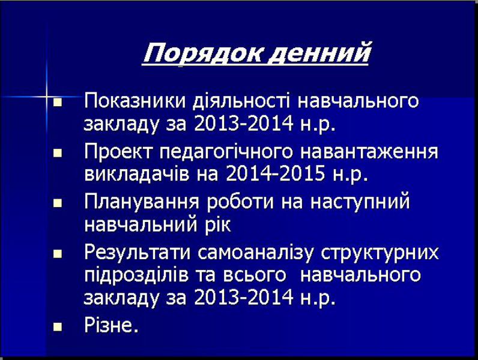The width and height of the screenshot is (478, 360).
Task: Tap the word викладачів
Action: (x=136, y=173)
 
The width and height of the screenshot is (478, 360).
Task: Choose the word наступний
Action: (x=360, y=202)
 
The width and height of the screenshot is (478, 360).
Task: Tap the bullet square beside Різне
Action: (x=57, y=328)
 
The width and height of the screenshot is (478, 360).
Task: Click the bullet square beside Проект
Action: (x=57, y=153)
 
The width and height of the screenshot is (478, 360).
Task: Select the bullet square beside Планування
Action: (x=57, y=203)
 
